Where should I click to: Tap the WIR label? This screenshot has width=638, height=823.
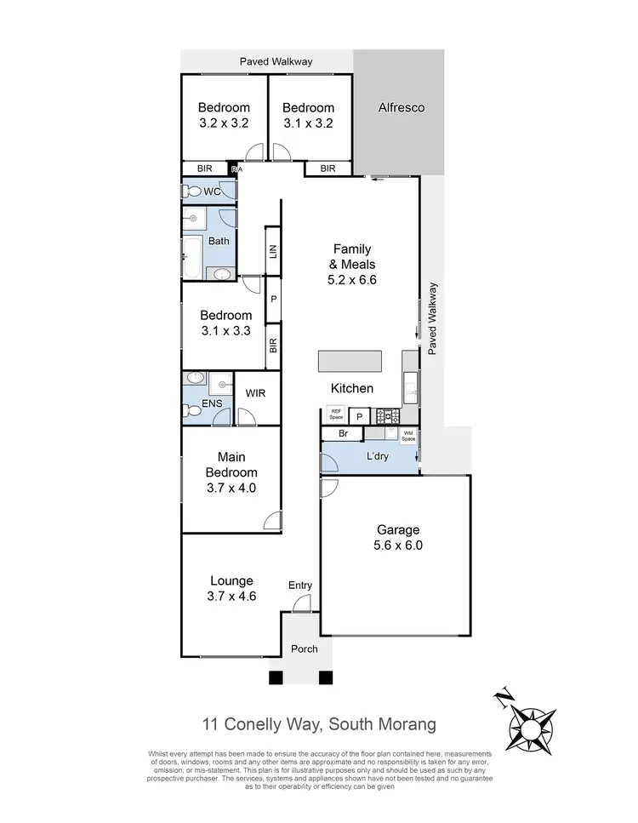[256, 394]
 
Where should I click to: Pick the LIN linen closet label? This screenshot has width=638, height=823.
[273, 251]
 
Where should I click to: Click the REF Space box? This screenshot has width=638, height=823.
[336, 414]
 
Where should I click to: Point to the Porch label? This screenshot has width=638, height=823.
[304, 649]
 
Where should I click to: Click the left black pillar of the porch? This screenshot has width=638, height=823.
[274, 677]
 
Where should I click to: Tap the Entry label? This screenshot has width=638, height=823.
[300, 585]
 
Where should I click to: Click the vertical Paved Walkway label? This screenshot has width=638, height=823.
[433, 318]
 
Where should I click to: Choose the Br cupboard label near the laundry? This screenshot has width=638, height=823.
[343, 434]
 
